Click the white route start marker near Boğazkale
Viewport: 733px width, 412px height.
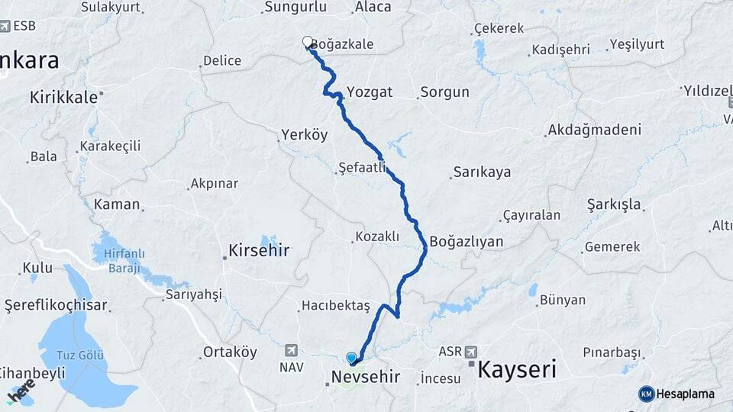(x=308, y=42)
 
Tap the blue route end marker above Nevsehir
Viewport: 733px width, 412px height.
(x=351, y=357)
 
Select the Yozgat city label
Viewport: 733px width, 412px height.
(x=370, y=92)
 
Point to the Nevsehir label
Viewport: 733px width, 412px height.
(x=365, y=376)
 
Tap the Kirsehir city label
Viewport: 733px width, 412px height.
(x=259, y=249)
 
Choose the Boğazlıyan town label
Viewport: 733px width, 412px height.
(x=467, y=242)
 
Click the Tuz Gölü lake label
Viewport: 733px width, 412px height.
(x=81, y=356)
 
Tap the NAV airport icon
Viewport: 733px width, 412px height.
(x=291, y=350)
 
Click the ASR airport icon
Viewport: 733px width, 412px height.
(x=470, y=352)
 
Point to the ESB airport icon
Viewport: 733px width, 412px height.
(x=6, y=26)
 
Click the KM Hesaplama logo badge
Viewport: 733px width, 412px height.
(x=646, y=394)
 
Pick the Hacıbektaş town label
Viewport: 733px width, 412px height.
(x=336, y=306)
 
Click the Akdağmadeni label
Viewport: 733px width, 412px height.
(x=594, y=130)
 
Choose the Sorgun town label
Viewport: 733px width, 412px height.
(x=444, y=93)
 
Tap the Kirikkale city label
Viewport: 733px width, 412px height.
(x=64, y=97)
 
